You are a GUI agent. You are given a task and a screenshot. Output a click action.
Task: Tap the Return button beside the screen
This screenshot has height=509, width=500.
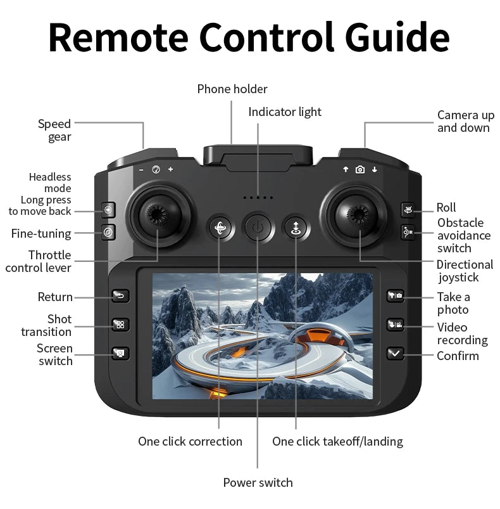click(120, 296)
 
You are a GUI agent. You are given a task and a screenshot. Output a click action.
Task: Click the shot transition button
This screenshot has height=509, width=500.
click(120, 325)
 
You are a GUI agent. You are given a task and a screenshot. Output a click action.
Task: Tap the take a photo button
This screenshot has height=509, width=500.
click(395, 296)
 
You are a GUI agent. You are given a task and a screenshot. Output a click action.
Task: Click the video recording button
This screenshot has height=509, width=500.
click(395, 325)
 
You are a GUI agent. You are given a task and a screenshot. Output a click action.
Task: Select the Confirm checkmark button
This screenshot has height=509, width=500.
click(395, 354)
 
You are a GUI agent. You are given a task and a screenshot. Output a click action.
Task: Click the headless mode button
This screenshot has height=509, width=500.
click(109, 210)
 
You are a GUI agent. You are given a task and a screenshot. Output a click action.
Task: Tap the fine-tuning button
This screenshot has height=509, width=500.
click(109, 233)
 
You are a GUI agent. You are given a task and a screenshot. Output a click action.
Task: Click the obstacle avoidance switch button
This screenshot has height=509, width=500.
click(408, 233)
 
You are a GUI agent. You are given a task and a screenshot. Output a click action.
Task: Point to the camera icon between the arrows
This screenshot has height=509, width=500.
click(360, 169)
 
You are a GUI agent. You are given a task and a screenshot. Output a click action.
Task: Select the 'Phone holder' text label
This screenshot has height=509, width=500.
click(232, 89)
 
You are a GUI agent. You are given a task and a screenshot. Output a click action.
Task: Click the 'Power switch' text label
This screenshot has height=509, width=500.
click(258, 482)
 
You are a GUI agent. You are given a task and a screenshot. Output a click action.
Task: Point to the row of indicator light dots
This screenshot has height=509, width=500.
click(258, 198)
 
